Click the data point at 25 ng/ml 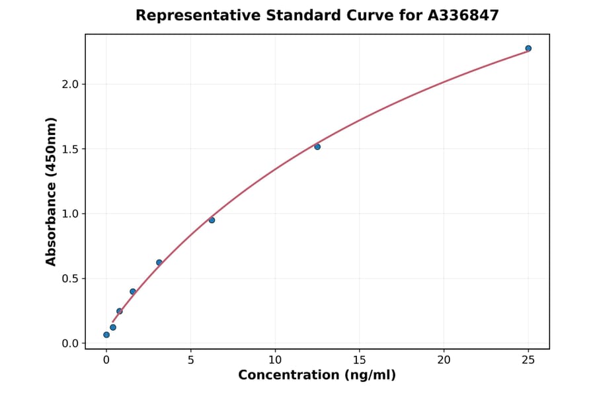528,48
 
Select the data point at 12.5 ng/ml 317,146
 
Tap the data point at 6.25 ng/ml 212,220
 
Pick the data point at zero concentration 106,335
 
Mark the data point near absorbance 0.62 159,263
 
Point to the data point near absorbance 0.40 133,291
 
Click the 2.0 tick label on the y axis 70,84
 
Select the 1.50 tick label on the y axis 67,149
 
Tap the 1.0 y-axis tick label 70,214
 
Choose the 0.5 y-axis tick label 70,279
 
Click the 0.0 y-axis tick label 70,343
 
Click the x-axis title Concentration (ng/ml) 317,376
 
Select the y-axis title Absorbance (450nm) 51,191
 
